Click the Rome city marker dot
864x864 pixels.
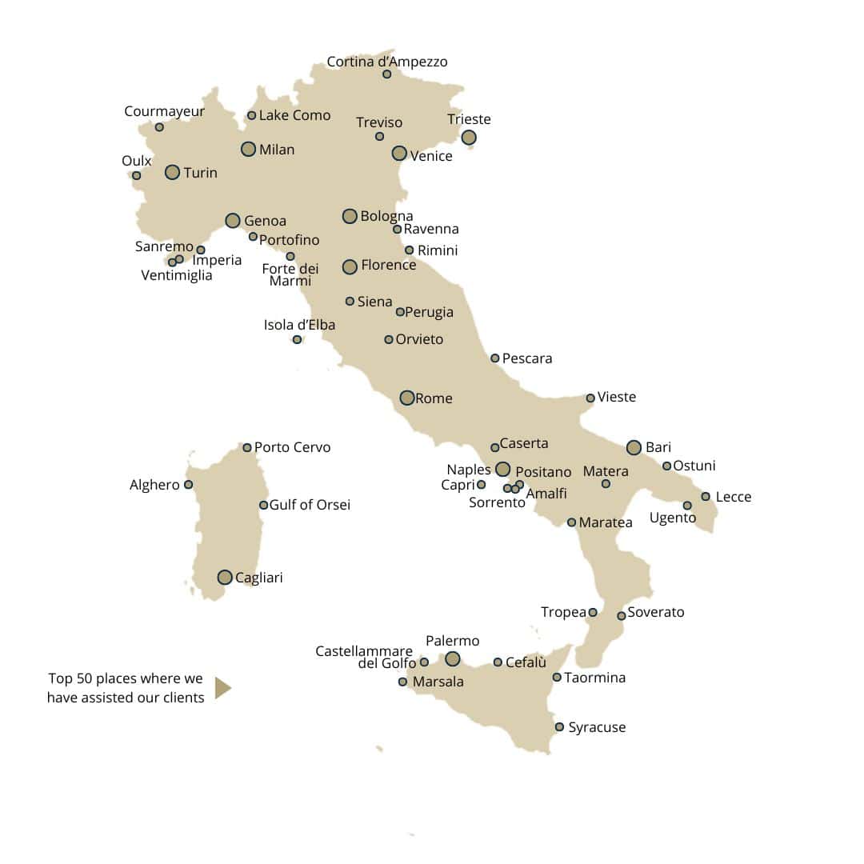407,398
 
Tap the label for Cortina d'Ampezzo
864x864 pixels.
387,62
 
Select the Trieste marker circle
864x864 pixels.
469,138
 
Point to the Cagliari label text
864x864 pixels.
259,578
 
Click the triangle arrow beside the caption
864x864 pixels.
222,687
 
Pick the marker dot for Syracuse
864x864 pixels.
559,727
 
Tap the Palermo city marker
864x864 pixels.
453,658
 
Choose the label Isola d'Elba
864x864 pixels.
299,325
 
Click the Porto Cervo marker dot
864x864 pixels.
247,447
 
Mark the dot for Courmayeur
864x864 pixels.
159,127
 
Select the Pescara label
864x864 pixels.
527,358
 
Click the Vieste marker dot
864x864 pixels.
590,398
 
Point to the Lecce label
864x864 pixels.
734,497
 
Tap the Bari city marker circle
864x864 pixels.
634,447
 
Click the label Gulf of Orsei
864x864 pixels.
310,505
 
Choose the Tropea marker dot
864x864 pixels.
593,613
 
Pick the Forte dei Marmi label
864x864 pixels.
290,274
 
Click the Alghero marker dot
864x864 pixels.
188,485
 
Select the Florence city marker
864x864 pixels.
350,266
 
